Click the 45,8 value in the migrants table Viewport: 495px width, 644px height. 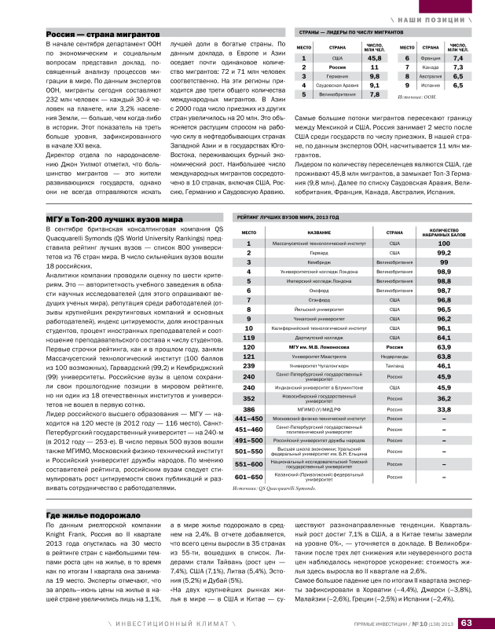coord(375,58)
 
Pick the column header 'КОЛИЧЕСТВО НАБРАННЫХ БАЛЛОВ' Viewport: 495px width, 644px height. coord(443,232)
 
